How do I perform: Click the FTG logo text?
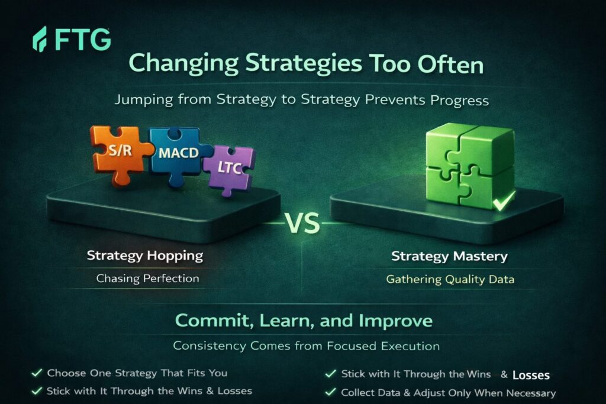[x=83, y=39]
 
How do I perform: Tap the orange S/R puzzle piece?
[x=120, y=154]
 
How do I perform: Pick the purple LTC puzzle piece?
[x=228, y=170]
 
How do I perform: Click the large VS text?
[x=302, y=223]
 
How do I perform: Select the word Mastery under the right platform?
[x=481, y=257]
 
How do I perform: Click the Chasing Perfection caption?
[x=147, y=279]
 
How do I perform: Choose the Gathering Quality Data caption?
[x=450, y=279]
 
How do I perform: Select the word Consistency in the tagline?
[x=209, y=345]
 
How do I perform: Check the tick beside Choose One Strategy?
[x=37, y=373]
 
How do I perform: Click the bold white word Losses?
[x=531, y=375]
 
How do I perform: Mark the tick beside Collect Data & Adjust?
[x=330, y=392]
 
